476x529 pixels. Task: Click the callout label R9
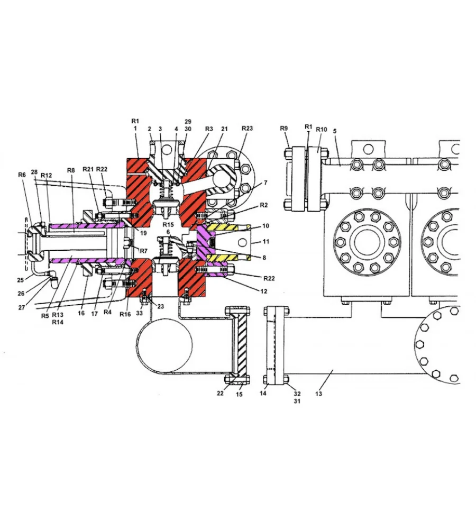[x=283, y=128]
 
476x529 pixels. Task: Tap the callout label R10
[x=321, y=130]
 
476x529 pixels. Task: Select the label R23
[x=247, y=128]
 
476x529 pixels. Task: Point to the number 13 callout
[x=318, y=394]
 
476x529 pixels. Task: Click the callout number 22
[x=220, y=393]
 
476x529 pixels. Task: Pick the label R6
[x=22, y=175]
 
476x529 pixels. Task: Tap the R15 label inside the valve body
[x=168, y=225]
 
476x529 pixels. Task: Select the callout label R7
[x=144, y=251]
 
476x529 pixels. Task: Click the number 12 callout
[x=264, y=291]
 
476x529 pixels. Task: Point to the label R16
[x=125, y=314]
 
